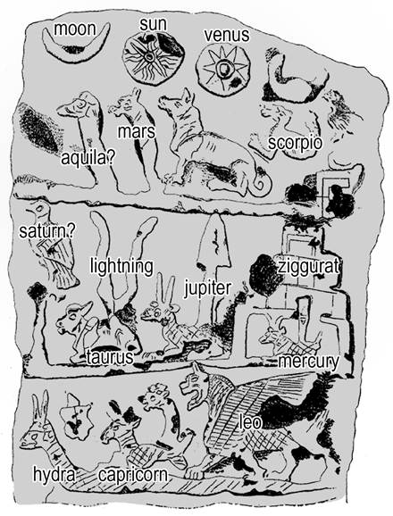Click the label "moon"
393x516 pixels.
(x=75, y=29)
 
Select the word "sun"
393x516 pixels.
(x=153, y=24)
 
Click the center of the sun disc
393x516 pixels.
(x=150, y=57)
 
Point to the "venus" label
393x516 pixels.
(x=227, y=35)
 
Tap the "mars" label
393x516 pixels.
(x=137, y=131)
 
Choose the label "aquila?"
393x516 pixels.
(x=88, y=159)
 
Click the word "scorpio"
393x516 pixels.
(x=295, y=144)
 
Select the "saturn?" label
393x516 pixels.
(x=46, y=231)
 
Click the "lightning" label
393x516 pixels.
(x=121, y=266)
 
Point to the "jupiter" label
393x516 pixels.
(x=208, y=288)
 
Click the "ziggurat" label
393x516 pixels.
(x=308, y=266)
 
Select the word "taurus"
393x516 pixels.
(x=110, y=357)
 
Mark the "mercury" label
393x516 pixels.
(x=308, y=362)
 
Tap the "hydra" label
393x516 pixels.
(x=54, y=475)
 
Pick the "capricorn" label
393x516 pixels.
(x=133, y=475)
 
